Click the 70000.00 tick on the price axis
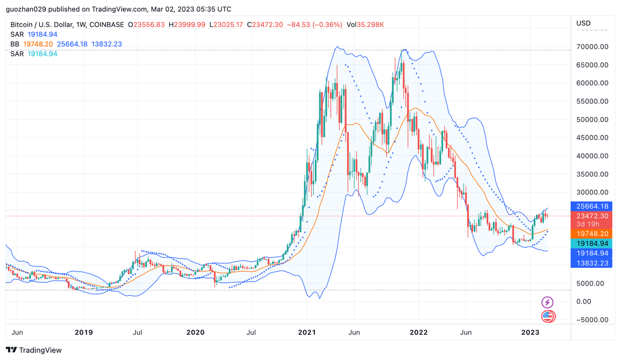tap(592, 47)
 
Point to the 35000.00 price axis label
tap(592, 174)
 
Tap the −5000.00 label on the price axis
tap(592, 320)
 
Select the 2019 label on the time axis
tap(84, 333)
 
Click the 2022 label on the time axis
tap(419, 333)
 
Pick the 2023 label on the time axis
tap(530, 333)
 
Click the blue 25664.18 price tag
tap(592, 206)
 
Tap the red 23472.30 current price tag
tap(592, 216)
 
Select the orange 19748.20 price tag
tap(592, 234)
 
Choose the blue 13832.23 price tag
tap(592, 263)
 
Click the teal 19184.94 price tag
tap(592, 244)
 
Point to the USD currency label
tap(583, 23)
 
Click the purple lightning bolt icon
tap(547, 302)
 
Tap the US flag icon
tap(548, 316)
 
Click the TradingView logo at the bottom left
tap(34, 350)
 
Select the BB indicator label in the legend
tap(15, 44)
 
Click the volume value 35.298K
tap(370, 25)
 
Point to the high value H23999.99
tap(187, 25)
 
